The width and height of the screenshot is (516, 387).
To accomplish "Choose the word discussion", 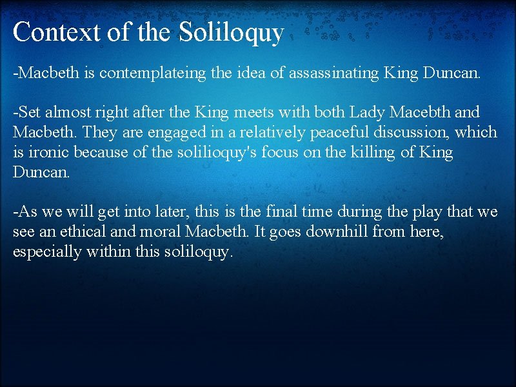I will pyautogui.click(x=369, y=132).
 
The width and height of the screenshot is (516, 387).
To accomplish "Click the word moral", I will pyautogui.click(x=150, y=232).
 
